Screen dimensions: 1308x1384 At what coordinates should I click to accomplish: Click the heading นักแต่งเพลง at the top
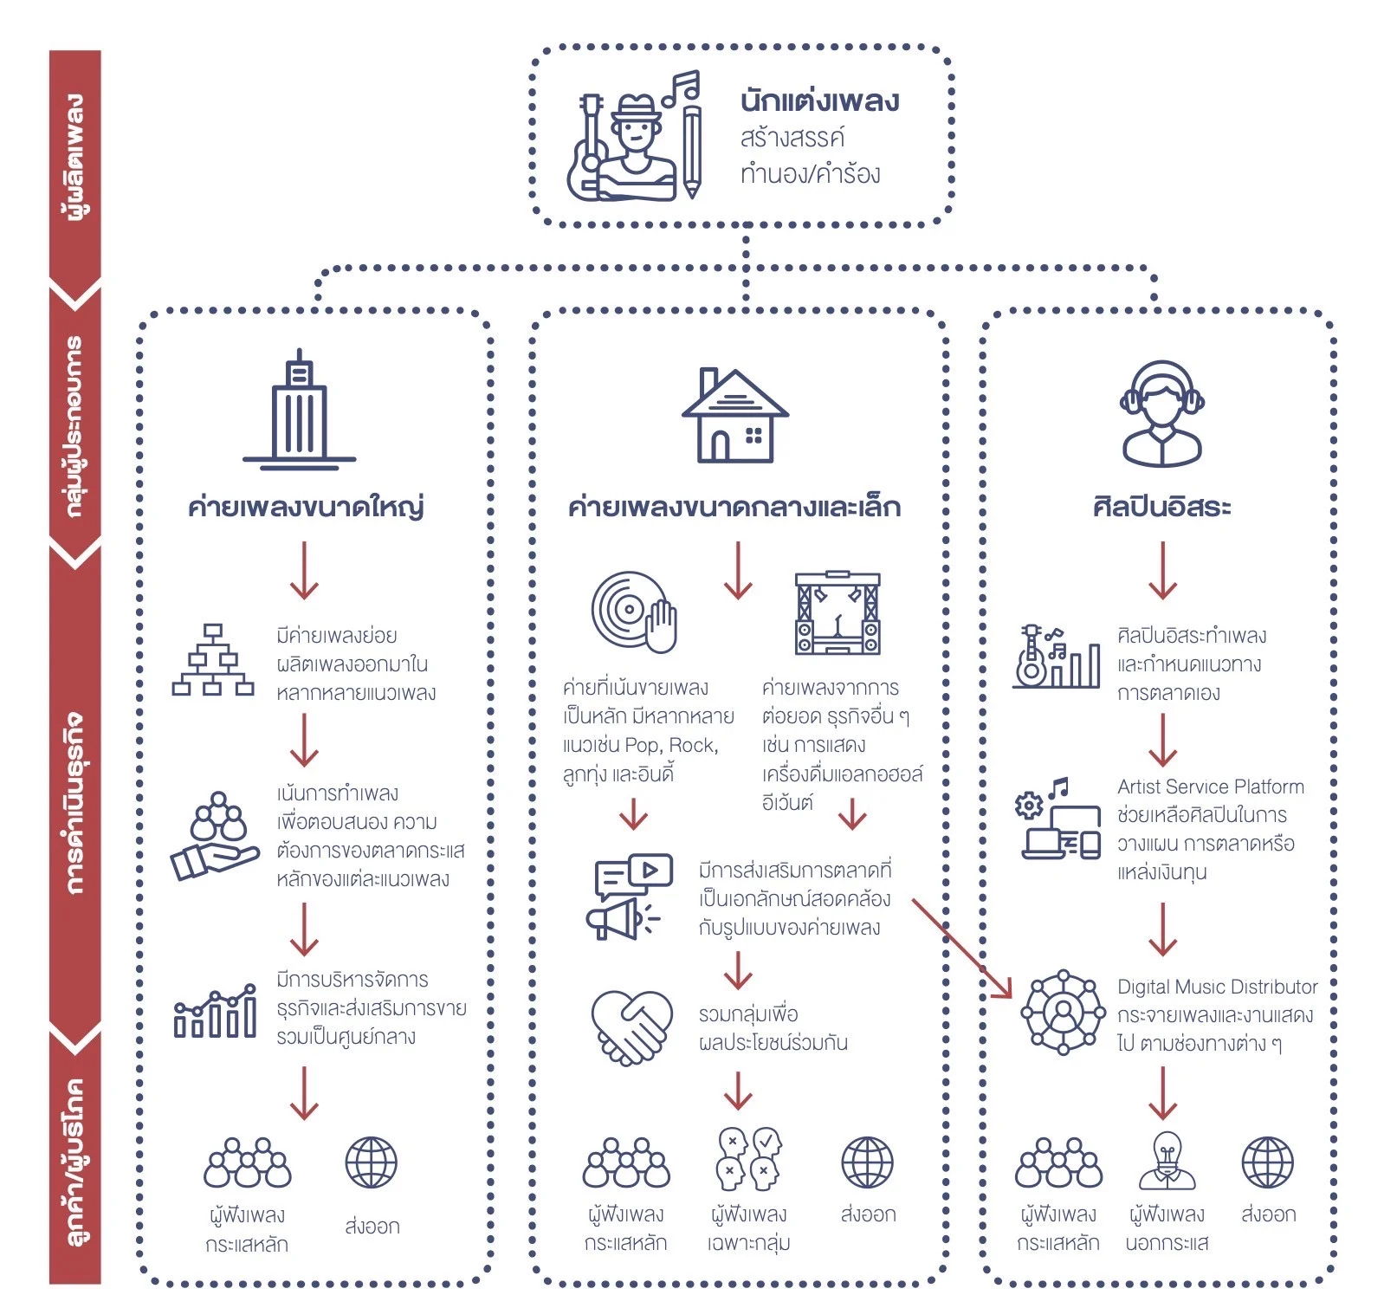pyautogui.click(x=818, y=101)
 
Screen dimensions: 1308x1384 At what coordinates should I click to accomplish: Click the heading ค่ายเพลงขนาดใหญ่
pyautogui.click(x=306, y=506)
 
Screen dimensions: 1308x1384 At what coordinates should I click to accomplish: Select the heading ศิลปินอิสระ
pyautogui.click(x=1161, y=506)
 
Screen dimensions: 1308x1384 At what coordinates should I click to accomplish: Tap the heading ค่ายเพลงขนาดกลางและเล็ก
pyautogui.click(x=734, y=506)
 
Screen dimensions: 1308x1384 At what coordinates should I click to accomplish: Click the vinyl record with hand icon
pyautogui.click(x=633, y=612)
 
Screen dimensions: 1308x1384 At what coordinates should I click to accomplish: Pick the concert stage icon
pyautogui.click(x=837, y=612)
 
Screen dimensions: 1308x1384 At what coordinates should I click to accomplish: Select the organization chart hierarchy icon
pyautogui.click(x=213, y=660)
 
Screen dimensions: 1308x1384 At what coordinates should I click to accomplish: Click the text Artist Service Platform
pyautogui.click(x=1210, y=787)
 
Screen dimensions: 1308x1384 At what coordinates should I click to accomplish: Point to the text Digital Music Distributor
pyautogui.click(x=1217, y=987)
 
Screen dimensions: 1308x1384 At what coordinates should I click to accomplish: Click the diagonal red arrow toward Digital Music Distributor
pyautogui.click(x=961, y=948)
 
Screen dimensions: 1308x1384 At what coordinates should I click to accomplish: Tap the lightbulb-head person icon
pyautogui.click(x=1167, y=1161)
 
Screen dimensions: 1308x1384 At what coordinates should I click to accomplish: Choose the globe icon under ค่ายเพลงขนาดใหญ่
pyautogui.click(x=371, y=1162)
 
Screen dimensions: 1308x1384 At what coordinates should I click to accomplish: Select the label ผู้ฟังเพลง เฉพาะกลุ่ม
pyautogui.click(x=748, y=1228)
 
